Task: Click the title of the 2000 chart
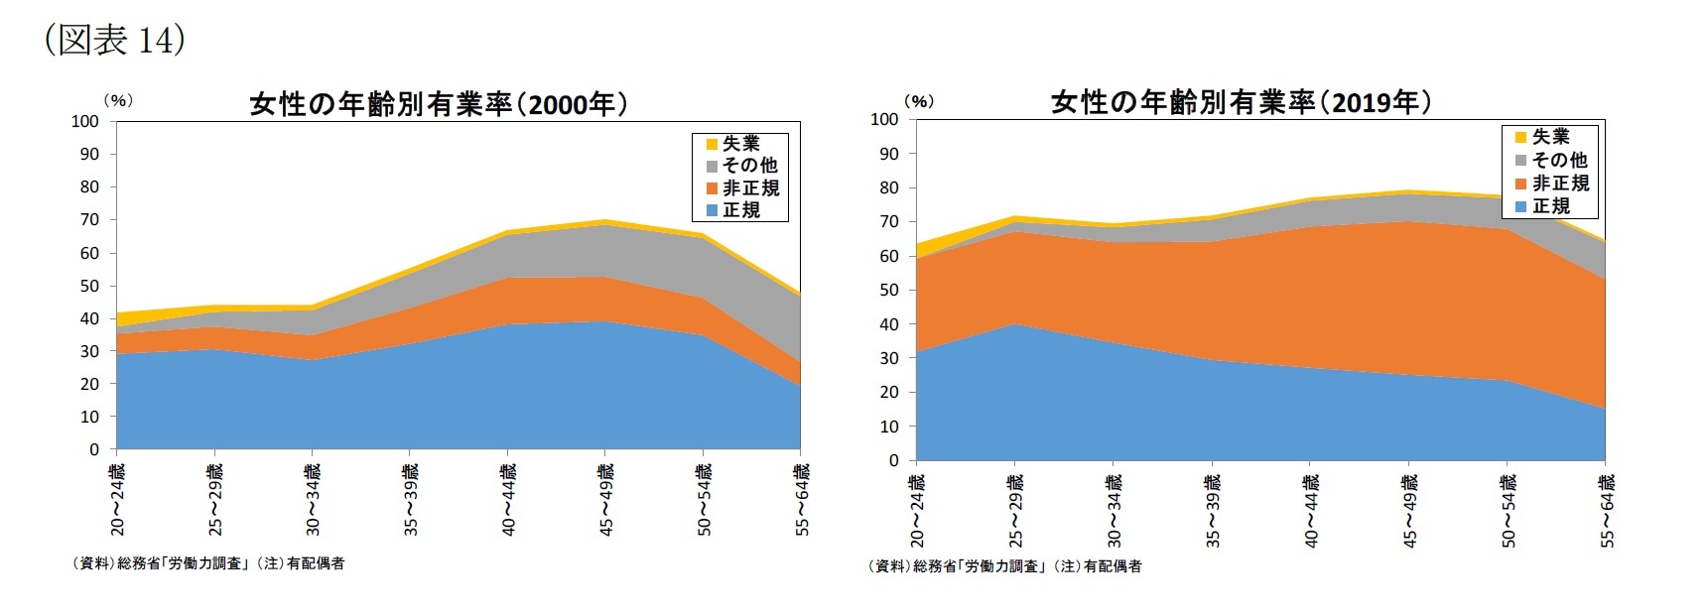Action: (438, 104)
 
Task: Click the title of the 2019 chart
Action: (1241, 102)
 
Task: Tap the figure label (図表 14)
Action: (115, 40)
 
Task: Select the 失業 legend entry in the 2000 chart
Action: (740, 144)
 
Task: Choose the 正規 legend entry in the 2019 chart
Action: (1550, 206)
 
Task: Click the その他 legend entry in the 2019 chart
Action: (1559, 161)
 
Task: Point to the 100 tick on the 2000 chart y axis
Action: (85, 121)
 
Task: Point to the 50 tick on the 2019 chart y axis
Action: (889, 291)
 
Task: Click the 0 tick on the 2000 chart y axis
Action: (94, 449)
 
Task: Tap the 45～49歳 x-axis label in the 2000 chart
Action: (605, 499)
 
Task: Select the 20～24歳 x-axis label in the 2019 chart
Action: (917, 510)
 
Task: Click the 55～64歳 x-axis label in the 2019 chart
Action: (1607, 510)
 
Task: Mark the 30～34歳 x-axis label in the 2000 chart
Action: (313, 499)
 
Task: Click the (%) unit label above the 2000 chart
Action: (118, 100)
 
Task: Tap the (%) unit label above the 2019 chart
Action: (919, 101)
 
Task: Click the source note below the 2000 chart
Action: (208, 563)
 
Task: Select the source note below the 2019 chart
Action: (1004, 566)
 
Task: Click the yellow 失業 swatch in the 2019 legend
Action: (1520, 137)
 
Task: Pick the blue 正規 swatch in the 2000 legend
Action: (712, 210)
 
